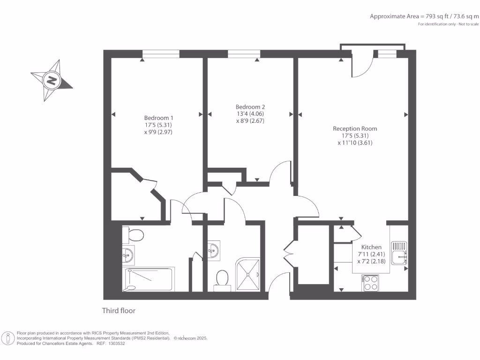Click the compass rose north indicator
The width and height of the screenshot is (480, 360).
(x=52, y=80)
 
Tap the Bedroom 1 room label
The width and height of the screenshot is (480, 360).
(x=158, y=117)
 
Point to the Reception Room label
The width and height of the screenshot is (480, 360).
(x=355, y=128)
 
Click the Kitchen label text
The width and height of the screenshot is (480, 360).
(x=371, y=247)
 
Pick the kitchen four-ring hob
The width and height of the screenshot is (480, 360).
(x=371, y=283)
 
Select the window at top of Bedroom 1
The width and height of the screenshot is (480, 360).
(x=161, y=54)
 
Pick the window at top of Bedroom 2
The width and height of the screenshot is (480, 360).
(x=244, y=54)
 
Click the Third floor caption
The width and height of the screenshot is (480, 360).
(x=119, y=310)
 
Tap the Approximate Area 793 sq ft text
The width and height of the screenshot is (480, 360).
(x=424, y=16)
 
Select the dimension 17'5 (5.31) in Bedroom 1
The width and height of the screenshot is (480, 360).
(x=158, y=125)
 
